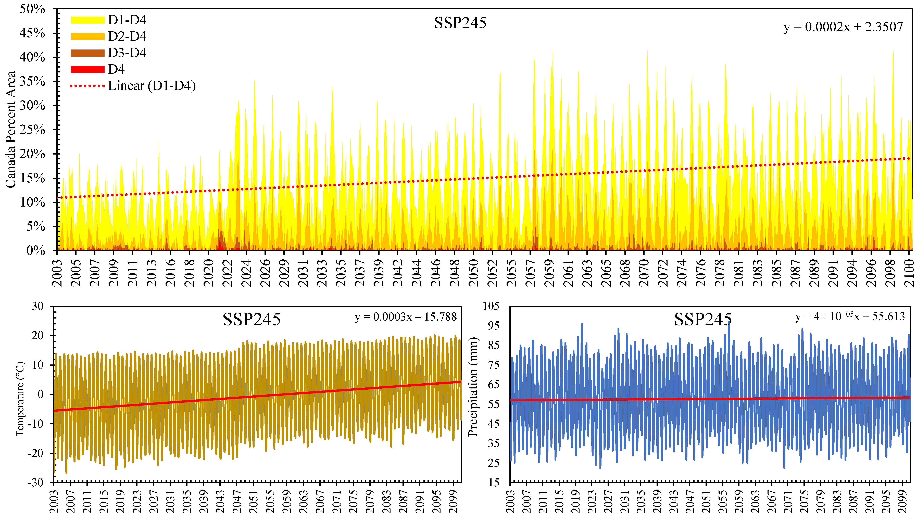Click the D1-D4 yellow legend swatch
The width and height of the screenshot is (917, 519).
click(x=87, y=20)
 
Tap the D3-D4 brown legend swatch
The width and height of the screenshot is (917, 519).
click(x=87, y=53)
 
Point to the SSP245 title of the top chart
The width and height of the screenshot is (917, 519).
click(x=460, y=23)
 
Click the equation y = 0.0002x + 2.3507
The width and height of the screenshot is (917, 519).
click(x=843, y=27)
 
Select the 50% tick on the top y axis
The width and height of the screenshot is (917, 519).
click(x=32, y=9)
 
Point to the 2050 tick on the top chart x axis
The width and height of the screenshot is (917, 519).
click(x=473, y=273)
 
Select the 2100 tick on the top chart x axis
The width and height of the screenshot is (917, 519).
click(x=909, y=273)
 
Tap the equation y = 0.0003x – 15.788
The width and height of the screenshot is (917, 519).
click(x=406, y=317)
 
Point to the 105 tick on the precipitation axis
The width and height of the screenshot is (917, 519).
click(x=491, y=306)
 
